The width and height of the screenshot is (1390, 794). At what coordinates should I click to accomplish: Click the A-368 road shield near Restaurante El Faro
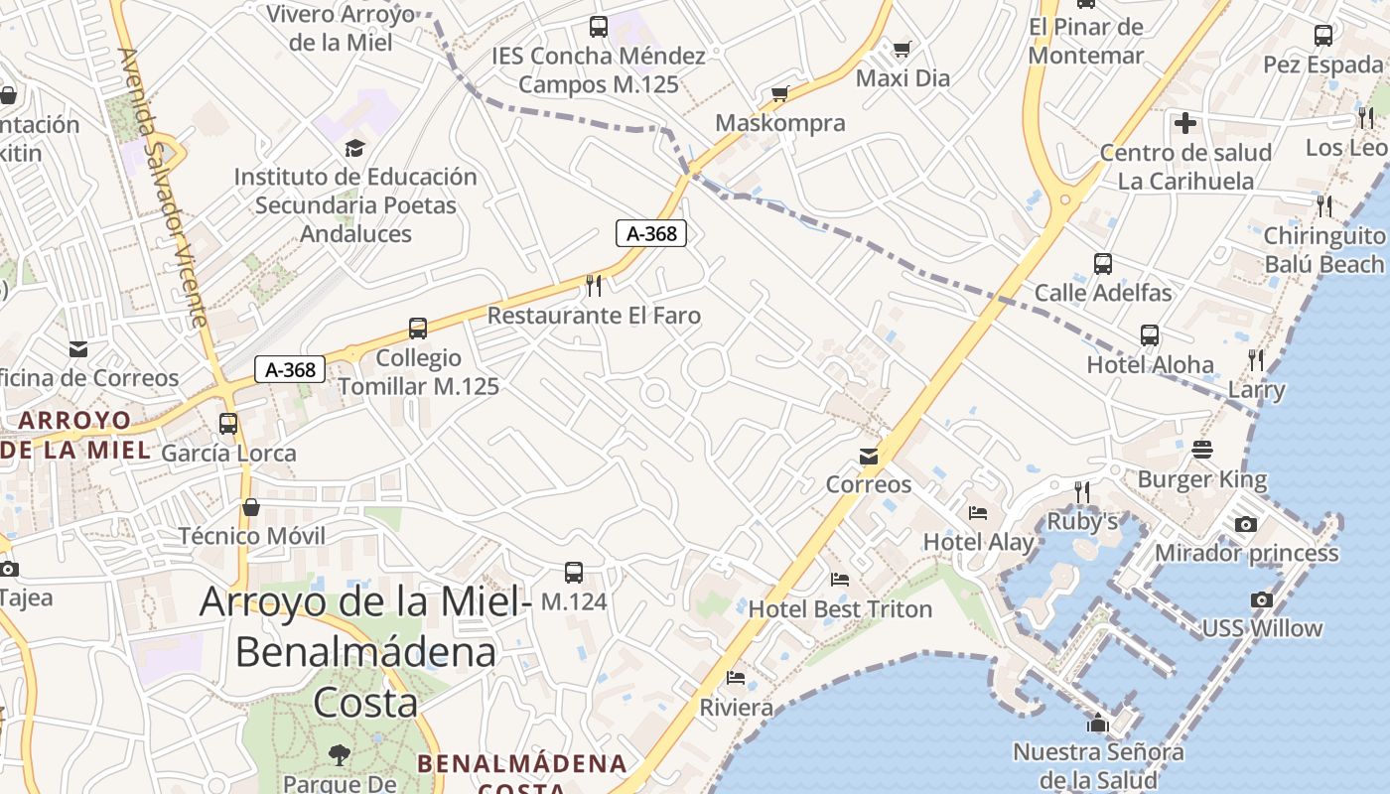point(651,233)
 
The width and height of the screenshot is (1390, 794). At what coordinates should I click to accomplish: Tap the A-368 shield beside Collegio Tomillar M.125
point(291,370)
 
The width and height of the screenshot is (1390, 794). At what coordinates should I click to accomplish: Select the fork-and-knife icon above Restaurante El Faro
point(594,286)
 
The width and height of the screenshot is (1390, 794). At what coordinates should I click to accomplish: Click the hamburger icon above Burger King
point(1202,449)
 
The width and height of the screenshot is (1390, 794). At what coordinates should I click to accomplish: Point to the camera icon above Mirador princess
point(1246,524)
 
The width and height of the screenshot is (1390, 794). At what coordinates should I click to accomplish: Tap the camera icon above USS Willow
point(1262,599)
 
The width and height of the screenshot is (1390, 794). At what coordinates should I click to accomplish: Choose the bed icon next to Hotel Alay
point(978,513)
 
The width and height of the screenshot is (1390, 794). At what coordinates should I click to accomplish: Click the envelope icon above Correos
point(869,456)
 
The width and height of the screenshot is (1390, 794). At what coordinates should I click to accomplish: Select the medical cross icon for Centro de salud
point(1185,124)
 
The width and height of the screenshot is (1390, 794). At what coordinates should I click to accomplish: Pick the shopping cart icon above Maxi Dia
point(902,49)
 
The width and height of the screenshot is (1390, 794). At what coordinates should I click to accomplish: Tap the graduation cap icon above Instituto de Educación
point(354,148)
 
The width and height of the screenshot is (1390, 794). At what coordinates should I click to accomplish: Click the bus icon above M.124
point(574,572)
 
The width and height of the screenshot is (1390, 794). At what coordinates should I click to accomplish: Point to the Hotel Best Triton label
point(840,608)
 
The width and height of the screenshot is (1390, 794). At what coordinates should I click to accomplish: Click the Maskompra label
point(780,123)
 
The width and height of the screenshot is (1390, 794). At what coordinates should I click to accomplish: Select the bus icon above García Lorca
point(228,424)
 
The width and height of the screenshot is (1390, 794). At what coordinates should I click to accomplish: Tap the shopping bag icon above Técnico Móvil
point(251,507)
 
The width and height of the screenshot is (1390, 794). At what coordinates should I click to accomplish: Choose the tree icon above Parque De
point(340,754)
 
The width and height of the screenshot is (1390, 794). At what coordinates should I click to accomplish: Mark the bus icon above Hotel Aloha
point(1150,335)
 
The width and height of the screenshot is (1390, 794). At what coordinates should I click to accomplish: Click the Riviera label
point(737,708)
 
